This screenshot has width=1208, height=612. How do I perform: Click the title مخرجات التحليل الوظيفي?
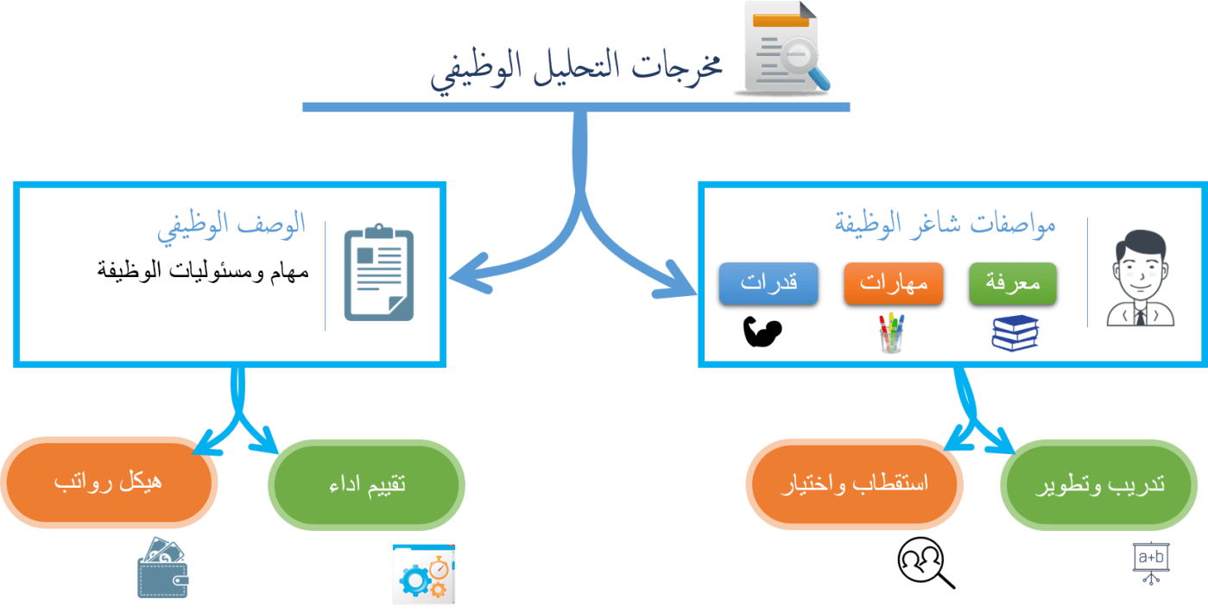[577, 69]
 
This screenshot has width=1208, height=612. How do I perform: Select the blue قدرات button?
[768, 284]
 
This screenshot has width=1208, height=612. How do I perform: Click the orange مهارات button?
[893, 284]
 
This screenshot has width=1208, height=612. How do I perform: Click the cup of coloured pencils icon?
[891, 332]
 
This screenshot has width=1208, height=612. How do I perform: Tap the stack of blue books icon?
[1015, 333]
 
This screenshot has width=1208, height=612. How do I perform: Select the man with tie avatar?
[1141, 278]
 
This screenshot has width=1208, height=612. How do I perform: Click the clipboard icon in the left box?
[379, 274]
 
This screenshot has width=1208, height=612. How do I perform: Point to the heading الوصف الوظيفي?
[232, 225]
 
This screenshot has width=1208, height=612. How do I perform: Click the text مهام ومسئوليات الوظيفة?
[203, 270]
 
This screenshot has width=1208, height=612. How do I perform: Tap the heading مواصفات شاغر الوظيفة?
[946, 225]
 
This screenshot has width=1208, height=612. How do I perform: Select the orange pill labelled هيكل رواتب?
[109, 482]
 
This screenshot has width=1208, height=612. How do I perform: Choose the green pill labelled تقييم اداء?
[367, 483]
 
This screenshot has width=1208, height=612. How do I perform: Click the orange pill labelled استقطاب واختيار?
[854, 483]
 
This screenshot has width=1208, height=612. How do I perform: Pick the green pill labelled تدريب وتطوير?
[1099, 483]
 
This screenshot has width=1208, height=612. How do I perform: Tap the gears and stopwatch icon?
[423, 574]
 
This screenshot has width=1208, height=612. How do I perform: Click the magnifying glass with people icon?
[925, 563]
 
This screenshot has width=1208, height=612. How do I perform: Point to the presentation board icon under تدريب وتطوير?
[1150, 563]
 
